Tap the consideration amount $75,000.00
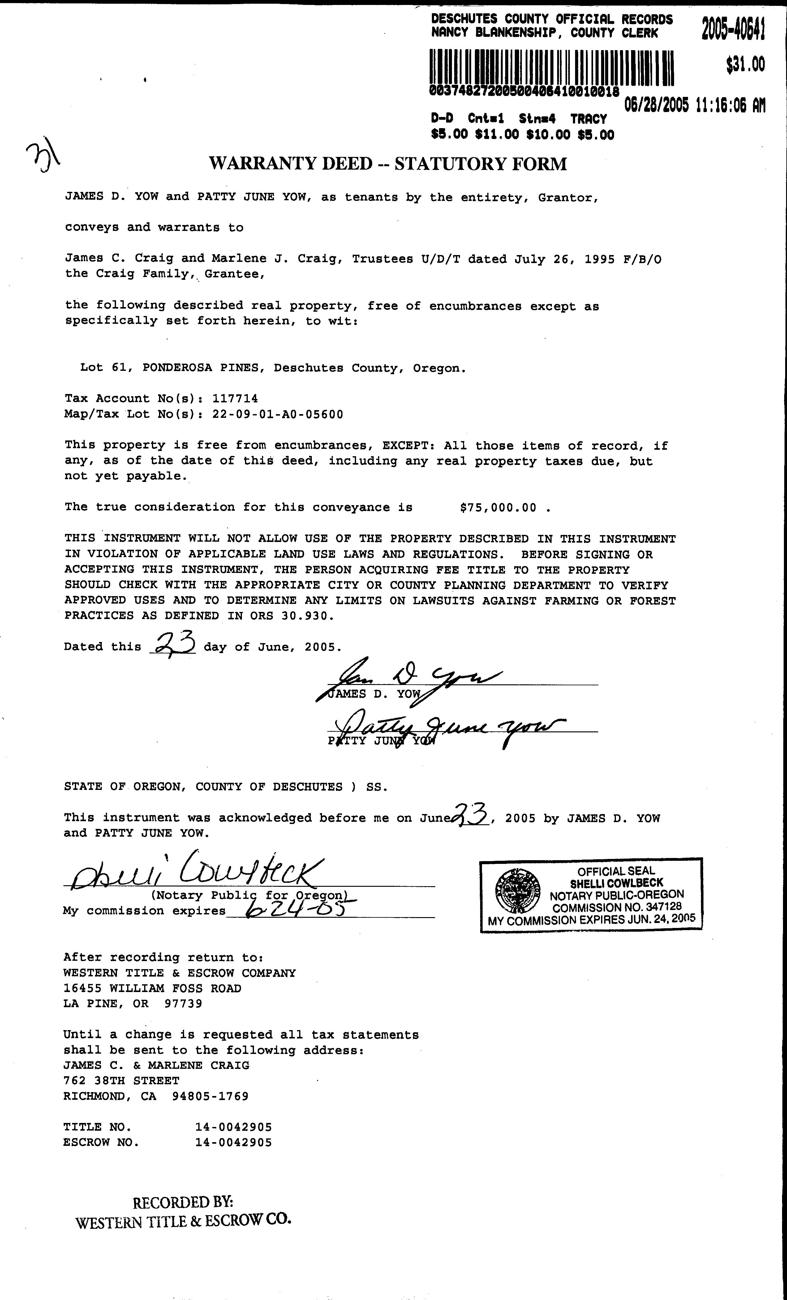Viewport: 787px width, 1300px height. point(498,508)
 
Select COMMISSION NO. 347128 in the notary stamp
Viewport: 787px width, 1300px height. point(617,907)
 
